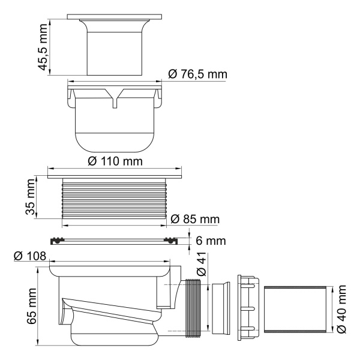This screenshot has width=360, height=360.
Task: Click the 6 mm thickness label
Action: pyautogui.click(x=209, y=241)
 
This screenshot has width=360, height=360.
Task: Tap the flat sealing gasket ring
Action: pyautogui.click(x=115, y=241)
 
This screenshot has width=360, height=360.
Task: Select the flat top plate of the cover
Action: pyautogui.click(x=115, y=16)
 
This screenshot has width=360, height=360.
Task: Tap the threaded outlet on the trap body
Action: pyautogui.click(x=194, y=306)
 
